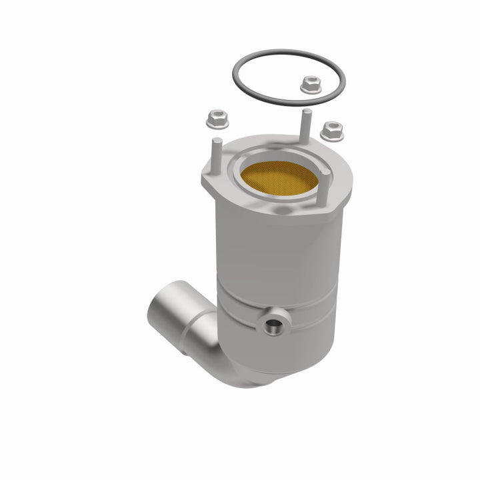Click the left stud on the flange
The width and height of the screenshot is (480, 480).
[217, 153]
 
